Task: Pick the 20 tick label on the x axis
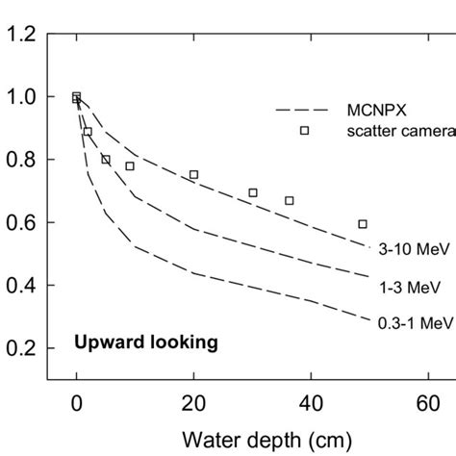pos(193,405)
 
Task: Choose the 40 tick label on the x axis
pos(311,405)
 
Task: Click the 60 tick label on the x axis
pos(428,405)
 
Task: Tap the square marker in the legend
pos(305,131)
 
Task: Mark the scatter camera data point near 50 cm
pos(362,224)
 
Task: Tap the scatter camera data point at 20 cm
pos(193,175)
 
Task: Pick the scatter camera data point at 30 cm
pos(253,192)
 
